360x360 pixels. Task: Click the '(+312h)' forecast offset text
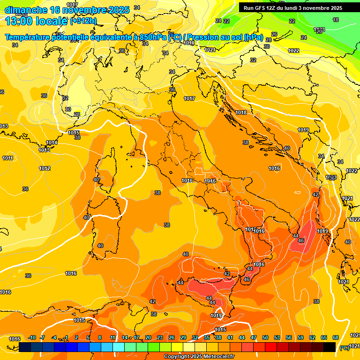pyautogui.click(x=83, y=21)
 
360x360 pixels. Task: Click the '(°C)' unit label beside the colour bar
pyautogui.click(x=344, y=347)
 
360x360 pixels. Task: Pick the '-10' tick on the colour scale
pyautogui.click(x=32, y=338)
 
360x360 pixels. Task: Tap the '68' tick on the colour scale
pyautogui.click(x=336, y=338)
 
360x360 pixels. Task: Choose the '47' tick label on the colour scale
pyautogui.click(x=254, y=338)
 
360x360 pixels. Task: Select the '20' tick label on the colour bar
pyautogui.click(x=148, y=338)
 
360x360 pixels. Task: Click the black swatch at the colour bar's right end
pyautogui.click(x=330, y=347)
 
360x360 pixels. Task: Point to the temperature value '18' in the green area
pyautogui.click(x=336, y=20)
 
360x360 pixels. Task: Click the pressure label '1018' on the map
pyautogui.click(x=241, y=112)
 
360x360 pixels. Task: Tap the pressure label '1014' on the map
pyautogui.click(x=52, y=142)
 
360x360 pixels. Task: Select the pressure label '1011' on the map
pyautogui.click(x=7, y=158)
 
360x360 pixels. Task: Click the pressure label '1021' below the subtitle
pyautogui.click(x=210, y=50)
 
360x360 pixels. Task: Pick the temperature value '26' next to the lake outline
pyautogui.click(x=274, y=34)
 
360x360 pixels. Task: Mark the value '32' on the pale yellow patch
pyautogui.click(x=65, y=98)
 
